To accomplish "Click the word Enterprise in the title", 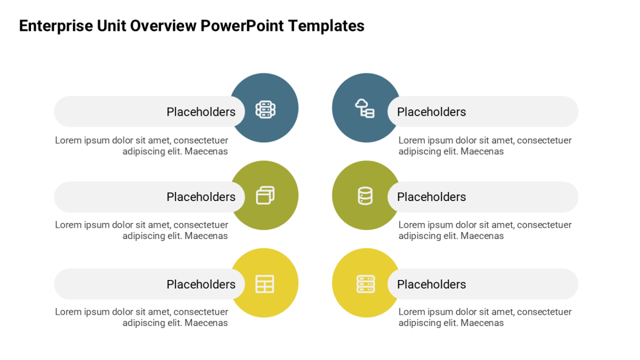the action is click(56, 26).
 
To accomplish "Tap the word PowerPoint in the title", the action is click(242, 26).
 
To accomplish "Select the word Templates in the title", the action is click(326, 26).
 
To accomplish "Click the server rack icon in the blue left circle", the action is click(266, 109).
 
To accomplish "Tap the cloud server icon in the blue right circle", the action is click(365, 108).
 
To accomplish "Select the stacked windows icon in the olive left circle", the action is click(266, 195).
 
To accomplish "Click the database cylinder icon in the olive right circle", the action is click(365, 196).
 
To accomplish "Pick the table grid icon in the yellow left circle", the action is click(265, 284).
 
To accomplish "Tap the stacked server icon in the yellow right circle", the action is click(366, 284).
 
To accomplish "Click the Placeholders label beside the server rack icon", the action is click(201, 111).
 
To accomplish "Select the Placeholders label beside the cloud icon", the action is click(431, 111).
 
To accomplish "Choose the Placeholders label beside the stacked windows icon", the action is click(201, 197).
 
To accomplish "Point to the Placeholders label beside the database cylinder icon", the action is click(431, 197).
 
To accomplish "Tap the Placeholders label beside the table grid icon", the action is click(201, 284).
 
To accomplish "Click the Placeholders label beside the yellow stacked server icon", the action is click(431, 284).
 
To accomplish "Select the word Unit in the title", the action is click(111, 26).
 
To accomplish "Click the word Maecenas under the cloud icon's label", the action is click(482, 151).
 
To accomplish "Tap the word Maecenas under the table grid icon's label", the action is click(206, 323).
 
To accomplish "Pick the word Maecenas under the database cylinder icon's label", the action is click(482, 236).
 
